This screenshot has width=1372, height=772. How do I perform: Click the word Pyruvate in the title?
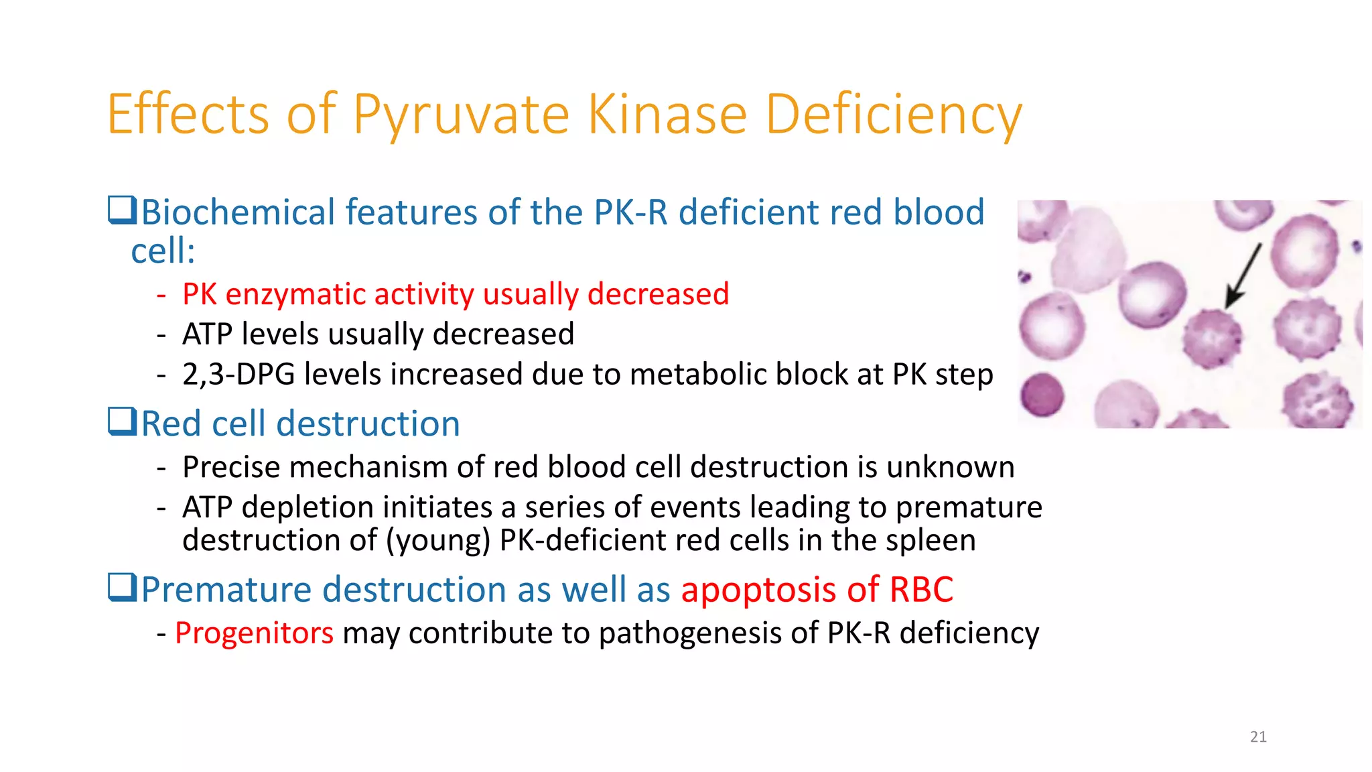pyautogui.click(x=460, y=115)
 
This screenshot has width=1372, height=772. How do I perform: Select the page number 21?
pyautogui.click(x=1258, y=736)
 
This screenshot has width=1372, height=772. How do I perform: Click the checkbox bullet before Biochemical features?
pyautogui.click(x=122, y=210)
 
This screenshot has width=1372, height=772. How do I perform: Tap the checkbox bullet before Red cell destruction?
pyautogui.click(x=122, y=422)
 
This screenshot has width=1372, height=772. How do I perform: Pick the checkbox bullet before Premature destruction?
pyautogui.click(x=122, y=588)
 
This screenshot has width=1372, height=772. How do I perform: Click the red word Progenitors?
pyautogui.click(x=254, y=633)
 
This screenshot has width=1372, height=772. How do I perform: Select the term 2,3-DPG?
pyautogui.click(x=238, y=374)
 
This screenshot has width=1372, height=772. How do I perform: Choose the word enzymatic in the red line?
pyautogui.click(x=292, y=294)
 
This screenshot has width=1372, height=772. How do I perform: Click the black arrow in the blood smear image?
pyautogui.click(x=1243, y=275)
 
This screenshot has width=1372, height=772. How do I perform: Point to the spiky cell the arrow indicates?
pyautogui.click(x=1211, y=338)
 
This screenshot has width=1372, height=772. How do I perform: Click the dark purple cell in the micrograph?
pyautogui.click(x=1042, y=395)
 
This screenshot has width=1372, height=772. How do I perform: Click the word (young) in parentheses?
pyautogui.click(x=438, y=540)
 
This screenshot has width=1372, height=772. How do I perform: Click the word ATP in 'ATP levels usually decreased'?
pyautogui.click(x=207, y=334)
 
